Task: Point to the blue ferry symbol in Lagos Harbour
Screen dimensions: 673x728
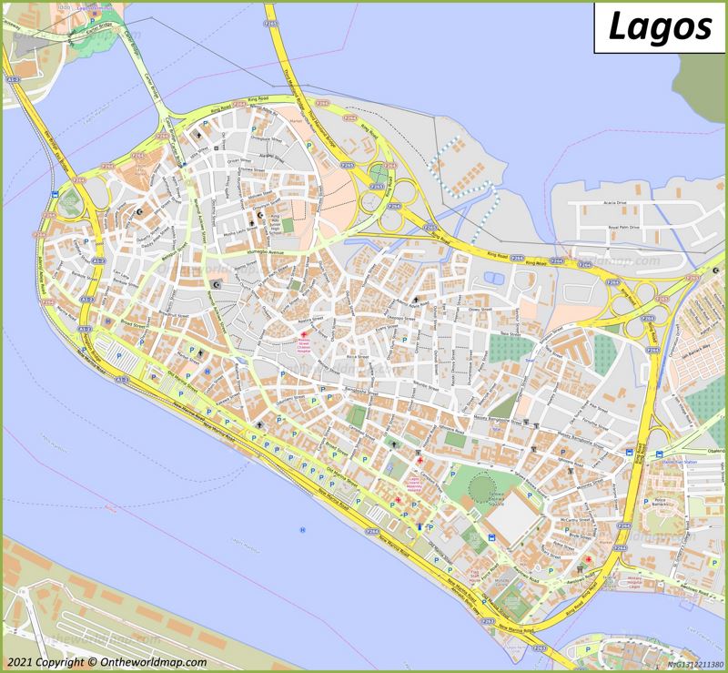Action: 303,530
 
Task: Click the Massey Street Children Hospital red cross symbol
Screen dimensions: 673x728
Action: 304,336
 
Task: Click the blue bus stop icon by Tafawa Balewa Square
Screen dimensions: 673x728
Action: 492,538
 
